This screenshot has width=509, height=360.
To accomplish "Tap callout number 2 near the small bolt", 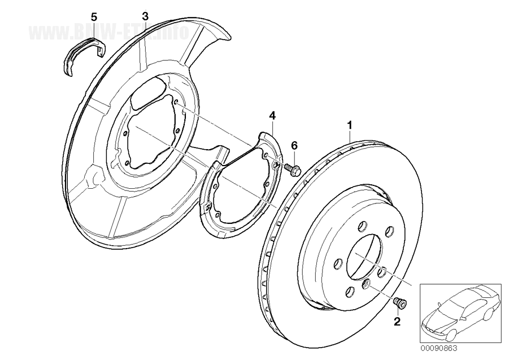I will point(397,322).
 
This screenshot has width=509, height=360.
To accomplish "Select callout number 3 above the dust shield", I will point(145,16).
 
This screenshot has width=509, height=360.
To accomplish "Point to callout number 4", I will point(272,115).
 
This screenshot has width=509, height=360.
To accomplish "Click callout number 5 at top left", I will point(94,16).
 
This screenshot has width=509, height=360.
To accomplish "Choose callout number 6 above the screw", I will point(294,145).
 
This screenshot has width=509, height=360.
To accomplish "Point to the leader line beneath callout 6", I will point(294,156).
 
